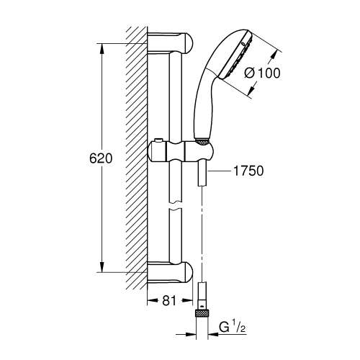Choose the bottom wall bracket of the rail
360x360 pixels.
point(173,274)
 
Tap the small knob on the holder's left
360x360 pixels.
point(155,139)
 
